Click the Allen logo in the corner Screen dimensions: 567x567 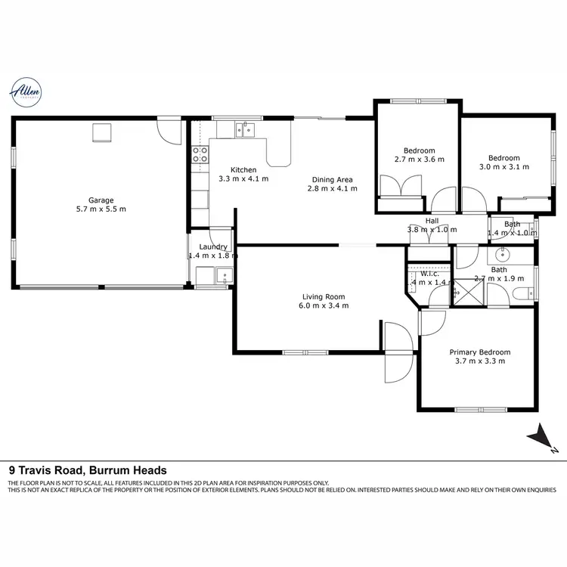pyautogui.click(x=26, y=92)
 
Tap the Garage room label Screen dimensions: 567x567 pyautogui.click(x=101, y=200)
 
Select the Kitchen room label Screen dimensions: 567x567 pyautogui.click(x=243, y=170)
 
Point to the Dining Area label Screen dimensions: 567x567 pyautogui.click(x=333, y=180)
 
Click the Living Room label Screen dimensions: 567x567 pyautogui.click(x=324, y=296)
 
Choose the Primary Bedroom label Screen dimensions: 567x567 pyautogui.click(x=479, y=352)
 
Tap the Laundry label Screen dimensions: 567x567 pyautogui.click(x=213, y=247)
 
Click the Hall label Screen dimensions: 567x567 pyautogui.click(x=432, y=220)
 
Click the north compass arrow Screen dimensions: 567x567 pyautogui.click(x=542, y=438)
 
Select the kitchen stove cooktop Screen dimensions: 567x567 pyautogui.click(x=200, y=155)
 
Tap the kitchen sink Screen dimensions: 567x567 pyautogui.click(x=243, y=129)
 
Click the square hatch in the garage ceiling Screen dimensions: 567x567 pyautogui.click(x=101, y=133)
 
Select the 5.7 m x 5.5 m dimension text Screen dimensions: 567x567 pyautogui.click(x=101, y=209)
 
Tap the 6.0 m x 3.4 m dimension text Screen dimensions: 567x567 pyautogui.click(x=324, y=306)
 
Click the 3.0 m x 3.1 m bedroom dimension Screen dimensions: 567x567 pyautogui.click(x=503, y=167)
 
